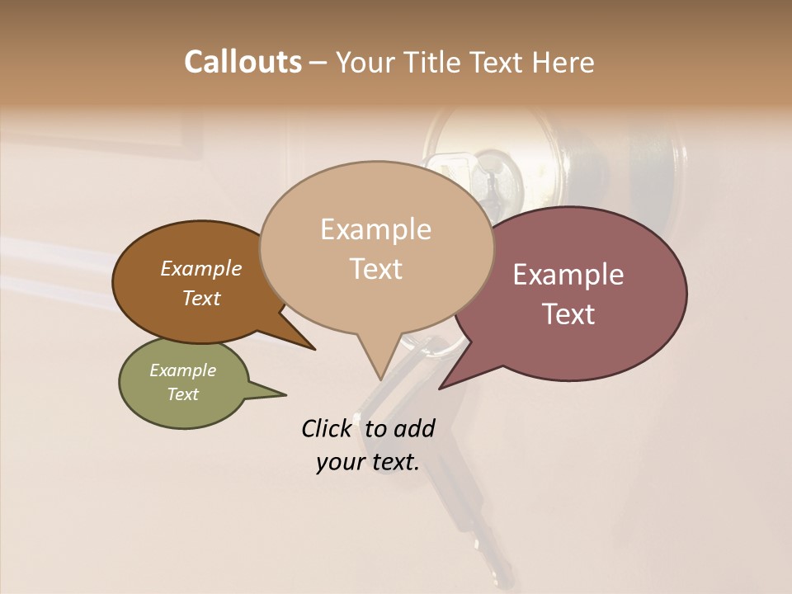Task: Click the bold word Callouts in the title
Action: pyautogui.click(x=243, y=62)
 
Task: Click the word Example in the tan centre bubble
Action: pyautogui.click(x=375, y=229)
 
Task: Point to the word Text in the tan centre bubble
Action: pyautogui.click(x=375, y=268)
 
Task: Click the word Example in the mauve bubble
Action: pyautogui.click(x=568, y=275)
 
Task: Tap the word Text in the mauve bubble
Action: pyautogui.click(x=568, y=314)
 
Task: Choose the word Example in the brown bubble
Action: pyautogui.click(x=201, y=268)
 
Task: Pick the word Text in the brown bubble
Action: pyautogui.click(x=201, y=298)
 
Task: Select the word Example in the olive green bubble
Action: pyautogui.click(x=183, y=370)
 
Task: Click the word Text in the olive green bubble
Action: pyautogui.click(x=183, y=394)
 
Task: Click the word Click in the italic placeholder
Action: pyautogui.click(x=326, y=428)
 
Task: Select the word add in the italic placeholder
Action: pyautogui.click(x=414, y=428)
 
